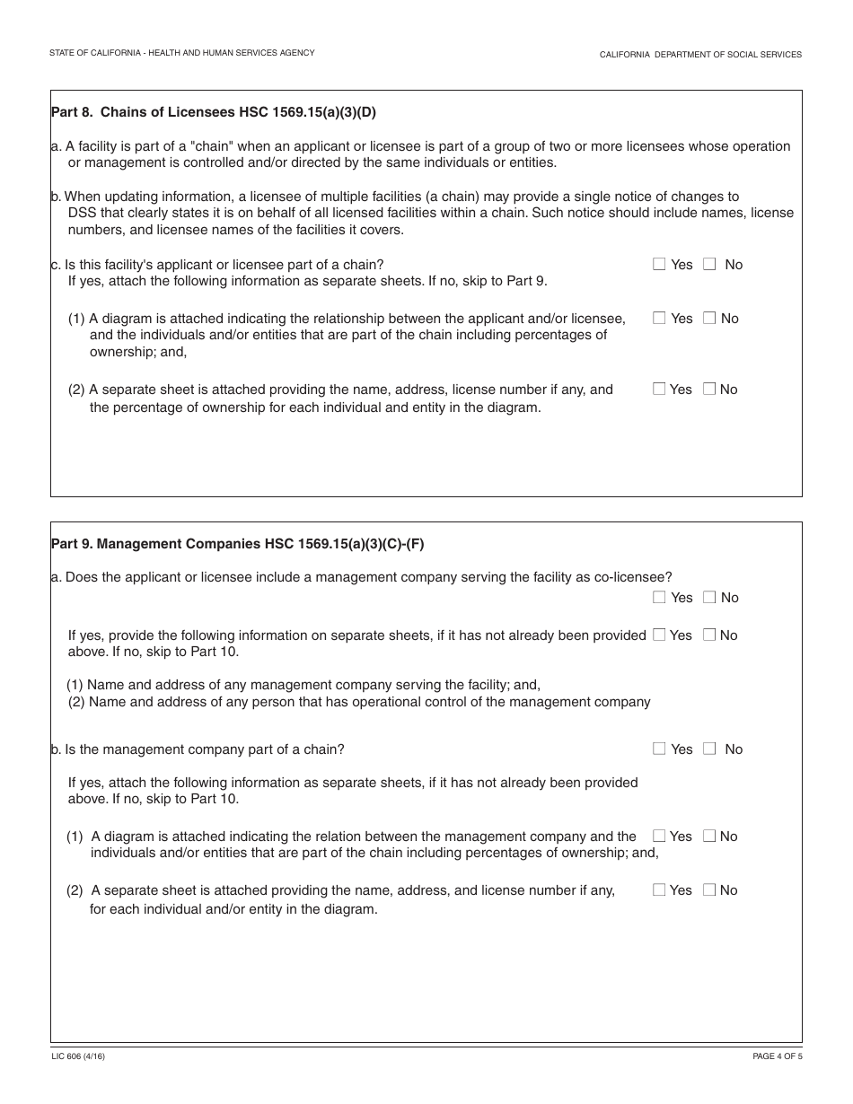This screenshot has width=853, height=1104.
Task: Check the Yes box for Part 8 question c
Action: click(x=659, y=264)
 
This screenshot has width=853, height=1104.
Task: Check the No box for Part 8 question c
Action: click(x=709, y=264)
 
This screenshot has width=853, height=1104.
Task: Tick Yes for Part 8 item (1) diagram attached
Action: click(x=659, y=318)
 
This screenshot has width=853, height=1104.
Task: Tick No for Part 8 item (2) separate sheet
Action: click(x=709, y=389)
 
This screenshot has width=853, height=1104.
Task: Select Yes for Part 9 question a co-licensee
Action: click(x=659, y=597)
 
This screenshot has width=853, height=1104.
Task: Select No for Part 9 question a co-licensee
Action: click(x=709, y=597)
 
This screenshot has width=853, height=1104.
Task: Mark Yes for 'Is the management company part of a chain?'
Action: click(x=659, y=749)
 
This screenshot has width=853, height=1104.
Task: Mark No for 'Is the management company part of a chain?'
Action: click(x=709, y=749)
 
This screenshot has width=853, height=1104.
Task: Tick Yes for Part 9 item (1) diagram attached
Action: click(x=659, y=836)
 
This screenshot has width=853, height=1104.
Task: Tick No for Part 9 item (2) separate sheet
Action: click(x=709, y=889)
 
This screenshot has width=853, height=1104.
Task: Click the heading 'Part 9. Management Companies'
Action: click(x=237, y=543)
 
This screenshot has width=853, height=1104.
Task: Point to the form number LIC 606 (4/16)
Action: click(x=78, y=1056)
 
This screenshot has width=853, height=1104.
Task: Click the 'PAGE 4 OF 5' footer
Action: click(x=777, y=1056)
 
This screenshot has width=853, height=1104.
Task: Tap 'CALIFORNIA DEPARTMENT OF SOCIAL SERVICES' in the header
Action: click(x=700, y=55)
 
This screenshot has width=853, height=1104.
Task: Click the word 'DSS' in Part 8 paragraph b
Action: click(x=83, y=213)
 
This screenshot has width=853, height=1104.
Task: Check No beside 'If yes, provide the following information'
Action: click(x=709, y=635)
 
